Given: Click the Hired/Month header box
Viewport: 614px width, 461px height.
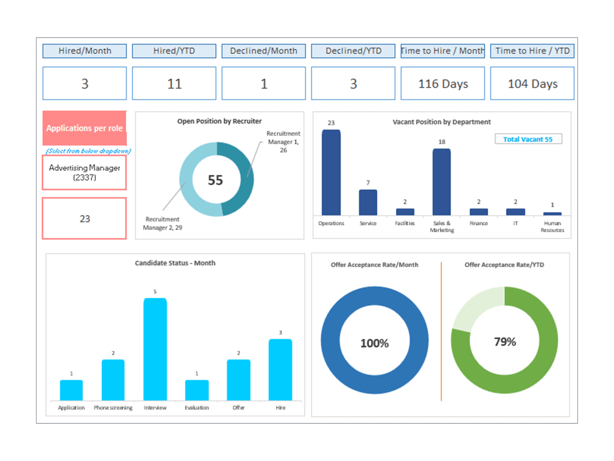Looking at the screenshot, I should click(x=84, y=51).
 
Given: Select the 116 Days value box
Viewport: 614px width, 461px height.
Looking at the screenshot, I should click(x=442, y=83).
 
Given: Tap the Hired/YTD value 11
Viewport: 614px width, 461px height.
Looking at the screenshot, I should click(x=174, y=83).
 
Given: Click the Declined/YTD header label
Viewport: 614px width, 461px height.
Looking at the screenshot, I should click(x=353, y=51).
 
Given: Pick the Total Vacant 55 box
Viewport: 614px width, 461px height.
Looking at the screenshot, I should click(x=528, y=139).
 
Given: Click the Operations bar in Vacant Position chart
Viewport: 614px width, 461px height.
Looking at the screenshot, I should click(x=331, y=173).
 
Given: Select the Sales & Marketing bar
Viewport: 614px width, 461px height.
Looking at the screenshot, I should click(x=441, y=182).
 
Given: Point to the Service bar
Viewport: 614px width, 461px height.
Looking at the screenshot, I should click(x=368, y=202).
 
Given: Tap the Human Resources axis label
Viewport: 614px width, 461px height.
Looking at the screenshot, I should click(x=552, y=227).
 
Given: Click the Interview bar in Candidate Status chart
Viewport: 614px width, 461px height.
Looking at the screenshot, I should click(x=155, y=350).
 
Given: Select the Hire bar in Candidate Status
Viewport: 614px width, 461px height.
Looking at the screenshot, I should click(x=280, y=370).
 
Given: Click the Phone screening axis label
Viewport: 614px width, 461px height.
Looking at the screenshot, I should click(x=113, y=408).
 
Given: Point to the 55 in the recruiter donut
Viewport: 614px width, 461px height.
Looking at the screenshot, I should click(x=215, y=180).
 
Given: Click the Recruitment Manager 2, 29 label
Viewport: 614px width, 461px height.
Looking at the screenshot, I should click(x=162, y=223).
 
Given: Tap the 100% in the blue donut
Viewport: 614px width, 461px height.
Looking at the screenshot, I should click(x=374, y=343).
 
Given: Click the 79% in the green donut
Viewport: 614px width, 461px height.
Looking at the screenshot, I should click(x=505, y=342).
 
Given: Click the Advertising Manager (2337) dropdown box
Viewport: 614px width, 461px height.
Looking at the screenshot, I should click(x=84, y=172).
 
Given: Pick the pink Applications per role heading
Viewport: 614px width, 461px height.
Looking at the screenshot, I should click(x=84, y=128).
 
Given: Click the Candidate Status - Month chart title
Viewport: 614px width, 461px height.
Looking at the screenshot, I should click(x=175, y=263).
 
